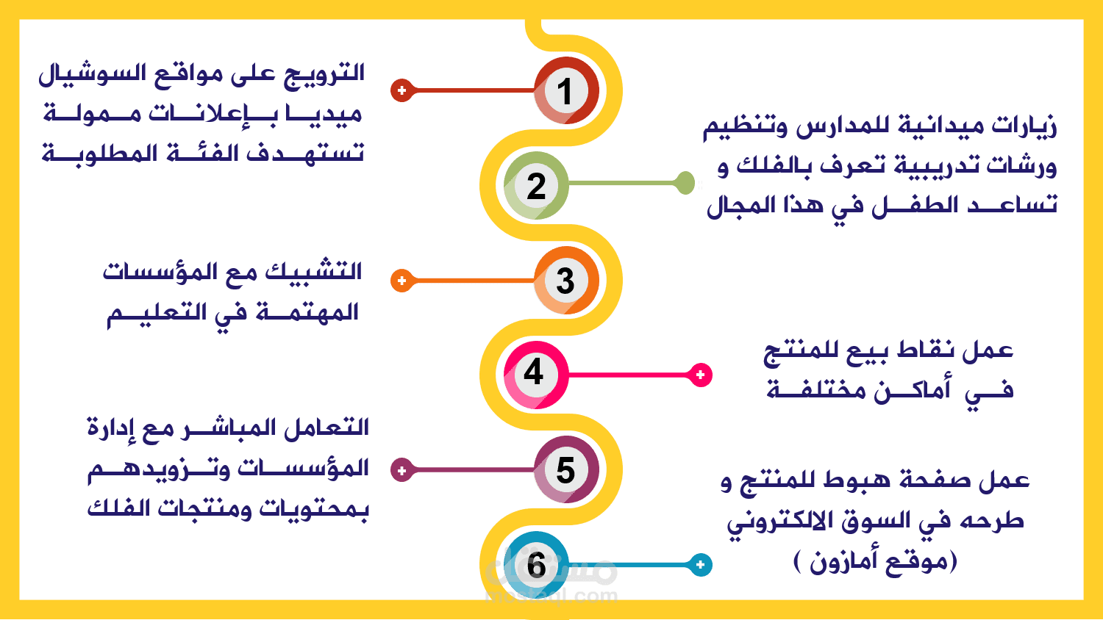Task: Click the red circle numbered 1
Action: tap(566, 90)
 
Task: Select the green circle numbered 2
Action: tap(536, 186)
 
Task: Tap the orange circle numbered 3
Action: tap(566, 280)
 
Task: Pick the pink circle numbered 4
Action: tap(536, 375)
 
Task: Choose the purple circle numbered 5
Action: tap(566, 469)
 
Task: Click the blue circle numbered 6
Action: tap(536, 564)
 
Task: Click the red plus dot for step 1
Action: tap(401, 90)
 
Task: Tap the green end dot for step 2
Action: tap(685, 183)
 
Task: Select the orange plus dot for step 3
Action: tap(401, 281)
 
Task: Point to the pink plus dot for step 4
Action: tap(700, 375)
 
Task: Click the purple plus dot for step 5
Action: tap(401, 470)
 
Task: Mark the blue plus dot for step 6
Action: tap(700, 564)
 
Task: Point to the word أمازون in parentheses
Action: tap(843, 561)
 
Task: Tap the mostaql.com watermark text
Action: tap(551, 596)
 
